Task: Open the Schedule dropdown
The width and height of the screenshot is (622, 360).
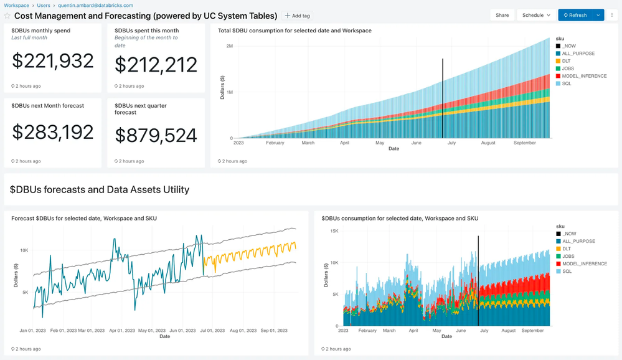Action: [x=536, y=15]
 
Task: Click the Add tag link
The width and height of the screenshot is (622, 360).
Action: [x=297, y=16]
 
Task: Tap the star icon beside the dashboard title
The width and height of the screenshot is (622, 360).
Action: [x=7, y=16]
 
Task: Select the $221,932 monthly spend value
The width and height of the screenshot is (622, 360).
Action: [x=53, y=60]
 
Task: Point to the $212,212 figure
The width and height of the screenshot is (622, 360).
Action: [x=156, y=65]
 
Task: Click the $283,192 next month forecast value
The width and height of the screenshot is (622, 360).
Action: [x=53, y=132]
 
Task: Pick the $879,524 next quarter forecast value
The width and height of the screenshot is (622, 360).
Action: [x=156, y=135]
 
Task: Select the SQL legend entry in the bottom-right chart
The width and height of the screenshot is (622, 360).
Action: [x=567, y=272]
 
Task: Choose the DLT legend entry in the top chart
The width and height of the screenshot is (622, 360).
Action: [x=567, y=61]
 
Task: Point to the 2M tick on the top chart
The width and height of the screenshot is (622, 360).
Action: [x=229, y=46]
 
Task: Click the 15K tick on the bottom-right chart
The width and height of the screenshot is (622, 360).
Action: [x=334, y=231]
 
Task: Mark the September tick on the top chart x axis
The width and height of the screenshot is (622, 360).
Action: [x=524, y=143]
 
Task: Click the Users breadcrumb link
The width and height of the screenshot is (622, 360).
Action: [x=44, y=5]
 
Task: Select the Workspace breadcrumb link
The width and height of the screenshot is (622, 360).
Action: [x=16, y=5]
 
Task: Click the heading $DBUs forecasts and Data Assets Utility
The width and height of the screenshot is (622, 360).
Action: [x=100, y=189]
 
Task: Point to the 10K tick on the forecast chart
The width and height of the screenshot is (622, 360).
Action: [x=24, y=250]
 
